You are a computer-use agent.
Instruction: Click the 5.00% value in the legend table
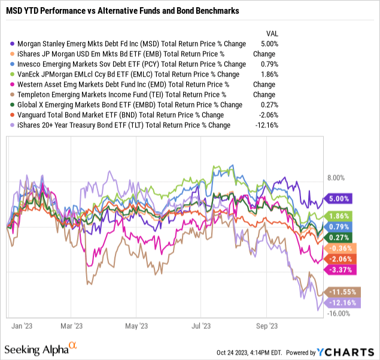(x=267, y=44)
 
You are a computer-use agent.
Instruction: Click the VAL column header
(x=271, y=33)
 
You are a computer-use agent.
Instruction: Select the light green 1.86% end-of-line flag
(x=338, y=216)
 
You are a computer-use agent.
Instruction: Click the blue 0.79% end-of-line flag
(x=338, y=227)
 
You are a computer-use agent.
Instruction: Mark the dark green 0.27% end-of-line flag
(x=338, y=237)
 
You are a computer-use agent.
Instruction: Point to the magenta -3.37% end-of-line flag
(x=338, y=270)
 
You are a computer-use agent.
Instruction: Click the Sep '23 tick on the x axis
(x=267, y=326)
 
